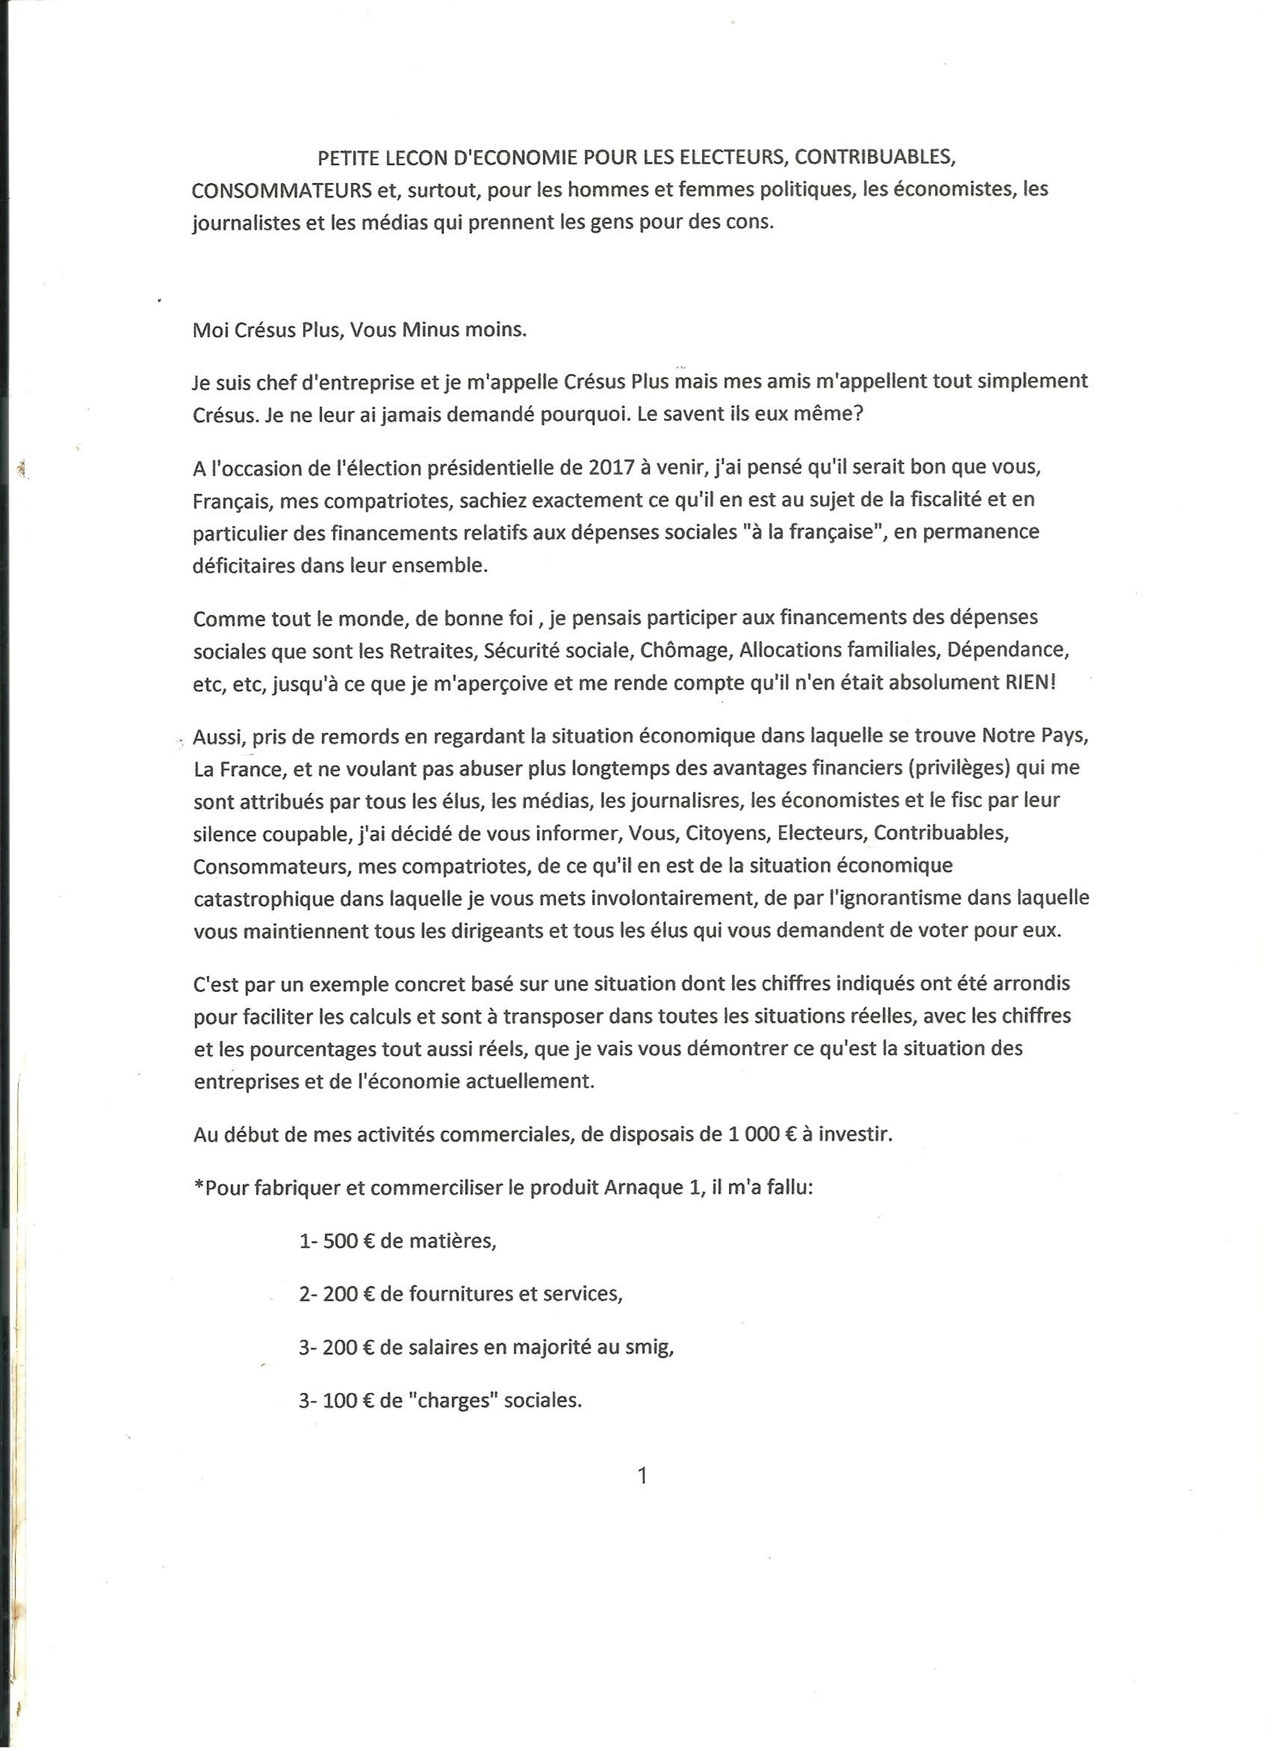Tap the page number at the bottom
(643, 1475)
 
